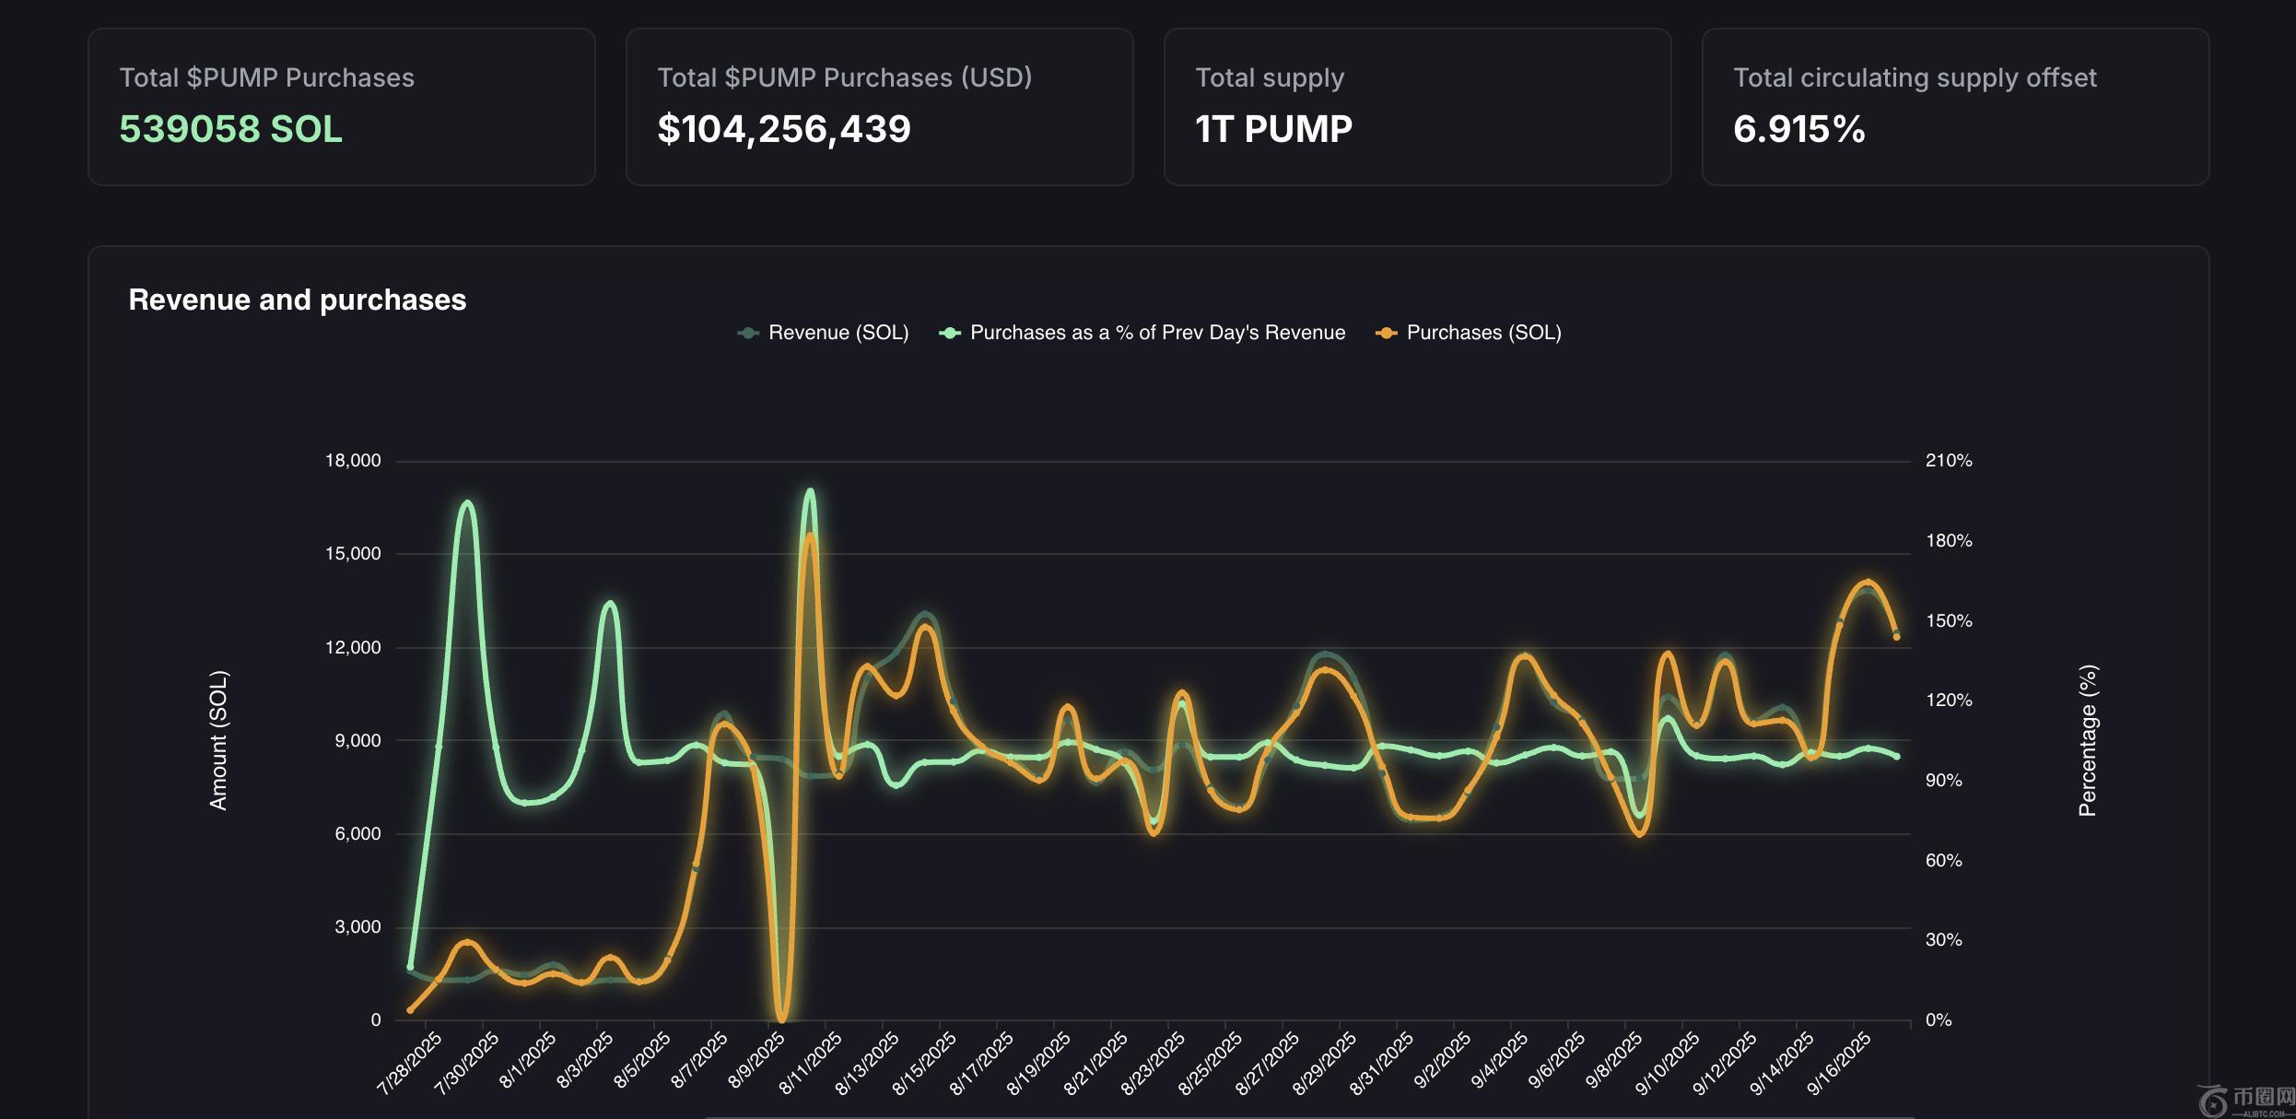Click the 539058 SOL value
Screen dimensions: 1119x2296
point(230,129)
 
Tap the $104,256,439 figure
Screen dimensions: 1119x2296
point(783,129)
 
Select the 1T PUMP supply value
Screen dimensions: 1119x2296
point(1273,129)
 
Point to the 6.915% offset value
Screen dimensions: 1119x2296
point(1798,129)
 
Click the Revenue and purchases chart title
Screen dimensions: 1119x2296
point(297,300)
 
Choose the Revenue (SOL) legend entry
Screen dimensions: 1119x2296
point(838,333)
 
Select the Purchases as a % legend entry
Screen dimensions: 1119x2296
point(1157,333)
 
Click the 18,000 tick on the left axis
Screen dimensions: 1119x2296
point(353,461)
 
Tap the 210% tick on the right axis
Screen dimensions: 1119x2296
point(1949,461)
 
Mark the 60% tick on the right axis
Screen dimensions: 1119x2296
point(1943,861)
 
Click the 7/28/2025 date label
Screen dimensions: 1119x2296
point(410,1063)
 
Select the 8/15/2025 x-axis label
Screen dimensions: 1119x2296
point(925,1063)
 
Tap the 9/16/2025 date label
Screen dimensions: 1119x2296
point(1839,1063)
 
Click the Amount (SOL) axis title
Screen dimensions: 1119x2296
point(218,740)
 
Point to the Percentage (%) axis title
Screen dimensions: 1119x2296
point(2088,740)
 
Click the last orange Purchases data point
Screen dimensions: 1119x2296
point(1896,637)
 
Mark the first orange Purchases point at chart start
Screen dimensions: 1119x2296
point(410,1010)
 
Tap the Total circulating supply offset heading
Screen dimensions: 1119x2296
point(1915,77)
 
